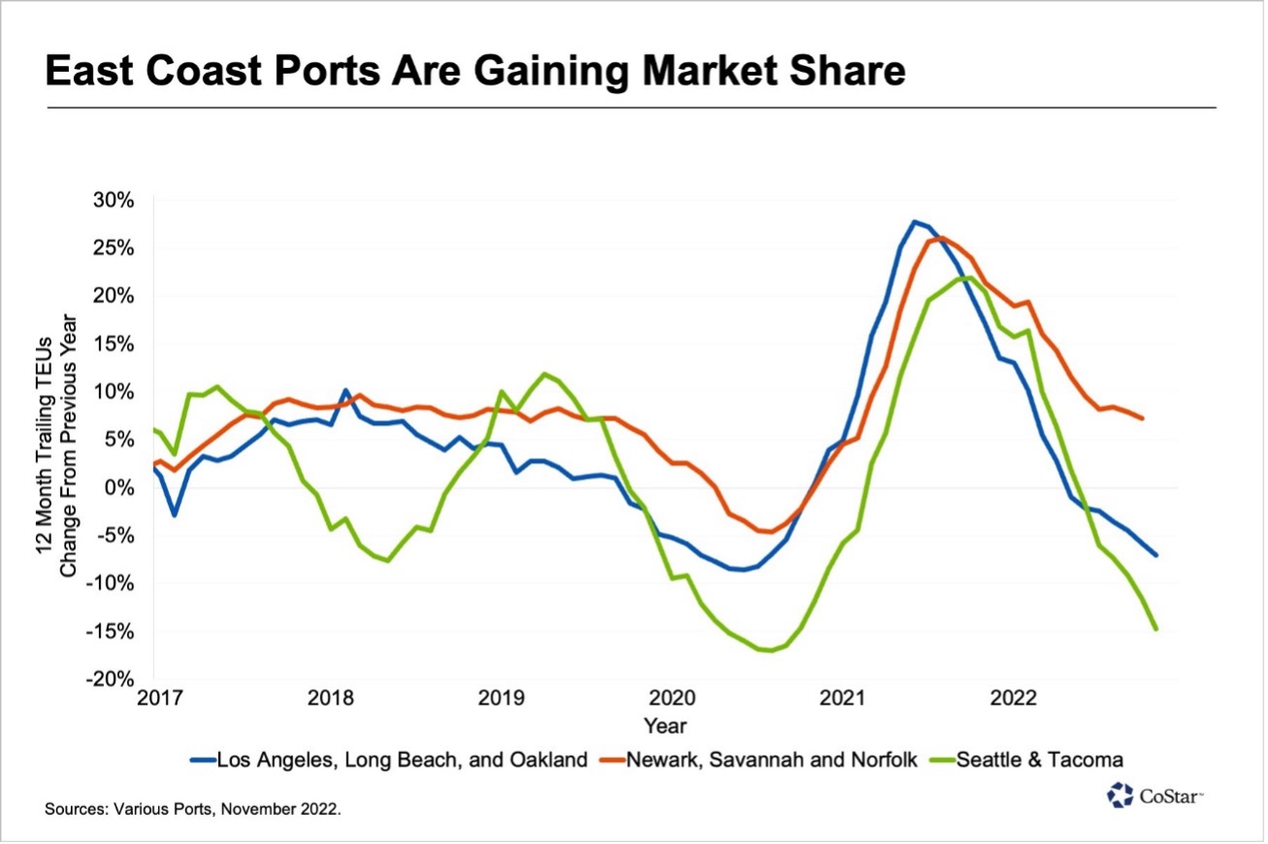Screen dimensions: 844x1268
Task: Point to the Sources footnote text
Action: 193,806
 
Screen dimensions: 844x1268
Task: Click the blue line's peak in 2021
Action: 914,221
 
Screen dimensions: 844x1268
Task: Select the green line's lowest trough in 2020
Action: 771,651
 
